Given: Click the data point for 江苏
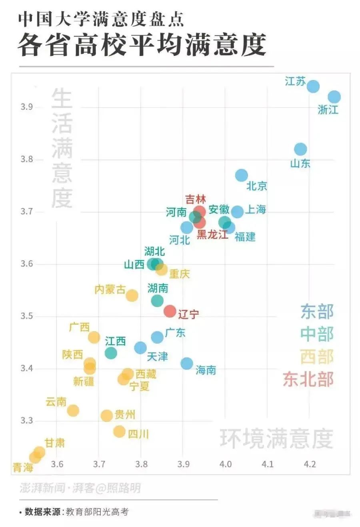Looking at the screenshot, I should point(313,86).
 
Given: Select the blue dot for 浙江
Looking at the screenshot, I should point(334,97).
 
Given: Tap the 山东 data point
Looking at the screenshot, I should point(300,149).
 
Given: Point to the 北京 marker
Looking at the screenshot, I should point(241,175).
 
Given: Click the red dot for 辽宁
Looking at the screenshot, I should point(170,311).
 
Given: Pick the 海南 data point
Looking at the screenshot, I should point(187,363).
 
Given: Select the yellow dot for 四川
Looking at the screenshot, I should point(119,431).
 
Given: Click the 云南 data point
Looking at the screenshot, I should point(73,410).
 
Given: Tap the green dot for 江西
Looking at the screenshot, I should point(111,353).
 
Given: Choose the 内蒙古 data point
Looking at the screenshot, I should point(132,295).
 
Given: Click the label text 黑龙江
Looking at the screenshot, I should point(212,235).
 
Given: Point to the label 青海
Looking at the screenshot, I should point(23,467).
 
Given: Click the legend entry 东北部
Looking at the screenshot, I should point(308,379).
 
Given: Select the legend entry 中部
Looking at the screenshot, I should point(317,334).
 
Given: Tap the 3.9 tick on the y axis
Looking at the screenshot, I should point(27,107).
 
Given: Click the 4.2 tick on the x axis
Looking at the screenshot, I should point(310,464).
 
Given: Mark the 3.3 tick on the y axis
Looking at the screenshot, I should point(27,421).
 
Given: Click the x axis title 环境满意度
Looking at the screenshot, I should point(276,439).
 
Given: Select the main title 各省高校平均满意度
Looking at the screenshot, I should point(142,45).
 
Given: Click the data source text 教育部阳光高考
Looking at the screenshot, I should point(97,512).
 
